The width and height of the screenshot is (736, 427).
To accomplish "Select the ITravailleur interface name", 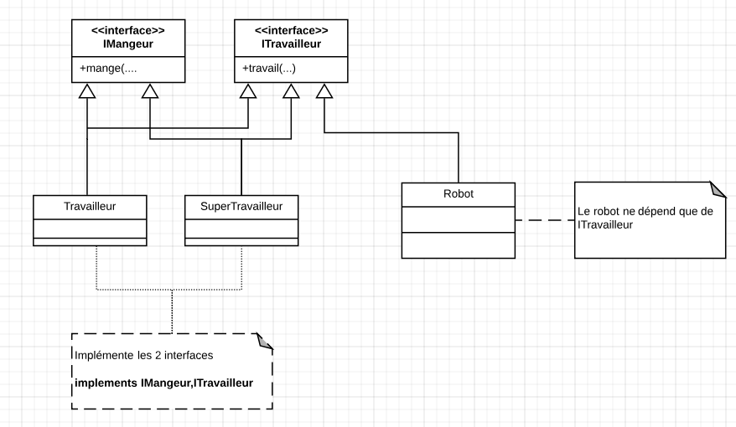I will click(291, 44).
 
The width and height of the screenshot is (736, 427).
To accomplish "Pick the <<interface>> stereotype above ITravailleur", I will click(291, 31).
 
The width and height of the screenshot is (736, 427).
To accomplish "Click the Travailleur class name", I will click(90, 205).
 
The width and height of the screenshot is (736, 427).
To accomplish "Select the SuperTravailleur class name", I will click(241, 205).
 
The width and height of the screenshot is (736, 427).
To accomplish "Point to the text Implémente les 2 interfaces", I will click(143, 355).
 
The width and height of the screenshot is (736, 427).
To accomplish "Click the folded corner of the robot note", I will click(715, 188).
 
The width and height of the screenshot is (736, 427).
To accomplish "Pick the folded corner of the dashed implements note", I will click(265, 341).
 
